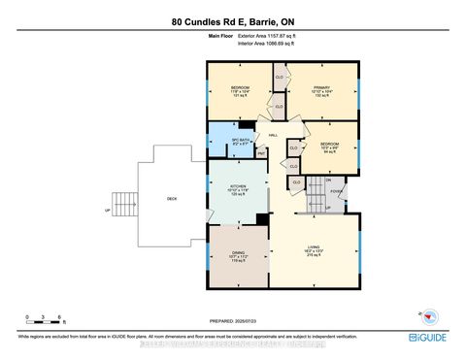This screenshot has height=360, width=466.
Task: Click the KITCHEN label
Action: click(238, 188)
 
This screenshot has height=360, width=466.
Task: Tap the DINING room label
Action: click(238, 255)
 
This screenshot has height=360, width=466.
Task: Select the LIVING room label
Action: click(313, 255)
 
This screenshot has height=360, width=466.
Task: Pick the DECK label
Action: click(172, 199)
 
